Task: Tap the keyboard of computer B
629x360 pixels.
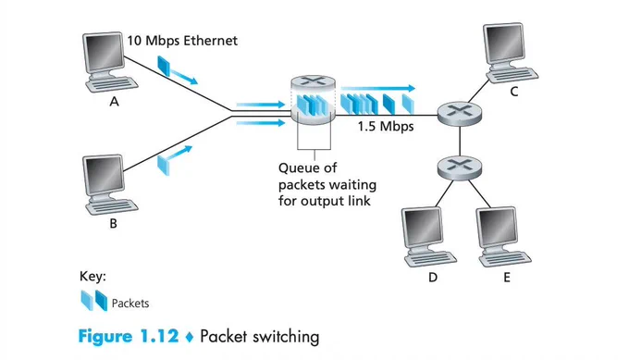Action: click(112, 206)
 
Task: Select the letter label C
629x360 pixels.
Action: click(514, 92)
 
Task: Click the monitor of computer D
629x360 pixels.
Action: click(422, 228)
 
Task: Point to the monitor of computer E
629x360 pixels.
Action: click(497, 228)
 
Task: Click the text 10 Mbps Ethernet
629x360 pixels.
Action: click(182, 41)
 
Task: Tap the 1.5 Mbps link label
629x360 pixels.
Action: click(386, 127)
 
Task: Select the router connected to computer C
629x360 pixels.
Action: click(459, 112)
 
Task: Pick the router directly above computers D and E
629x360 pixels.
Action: click(460, 167)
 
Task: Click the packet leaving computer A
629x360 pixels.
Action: click(164, 66)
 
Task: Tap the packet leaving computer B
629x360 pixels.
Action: click(164, 165)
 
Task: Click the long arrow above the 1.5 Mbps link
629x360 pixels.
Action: click(378, 88)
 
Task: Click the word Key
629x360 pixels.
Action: click(92, 276)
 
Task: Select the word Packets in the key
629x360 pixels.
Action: click(130, 303)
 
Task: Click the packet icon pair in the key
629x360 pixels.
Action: click(94, 301)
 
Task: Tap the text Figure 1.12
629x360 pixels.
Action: click(129, 336)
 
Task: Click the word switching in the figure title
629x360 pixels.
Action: click(286, 337)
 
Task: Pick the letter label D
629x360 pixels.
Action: click(433, 278)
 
